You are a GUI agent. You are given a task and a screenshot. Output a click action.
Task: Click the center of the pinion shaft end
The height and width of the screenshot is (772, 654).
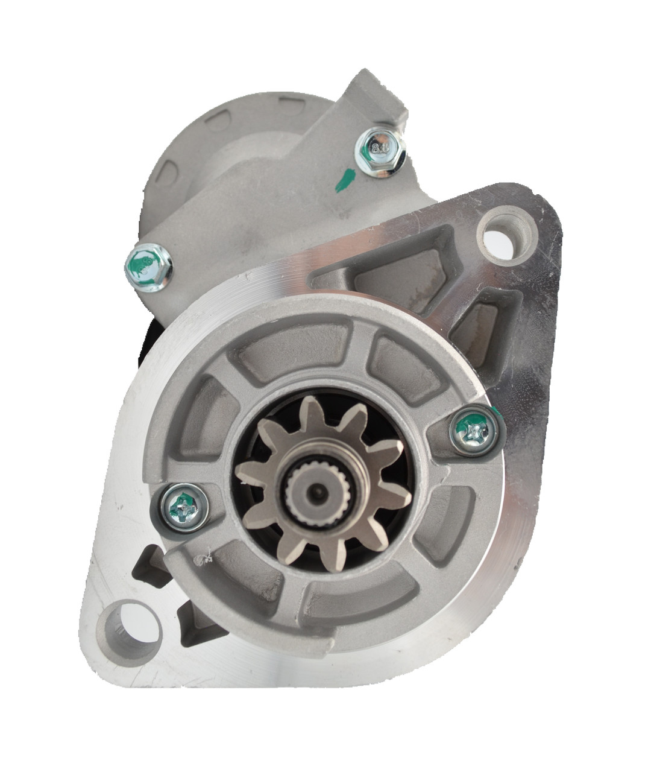pyautogui.click(x=315, y=492)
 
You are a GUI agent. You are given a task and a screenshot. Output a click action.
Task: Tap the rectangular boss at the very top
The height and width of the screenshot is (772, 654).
pyautogui.click(x=377, y=100)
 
